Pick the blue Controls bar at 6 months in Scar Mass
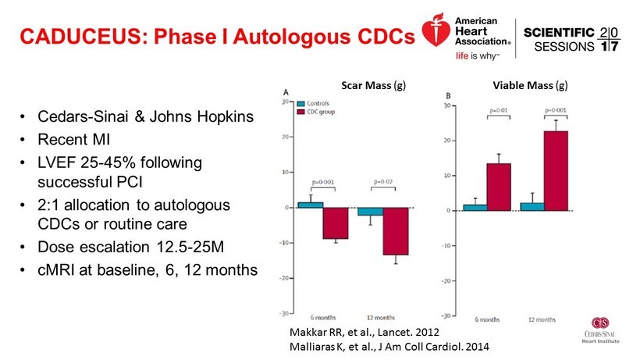tap(310, 205)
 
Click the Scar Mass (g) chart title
tap(373, 83)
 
